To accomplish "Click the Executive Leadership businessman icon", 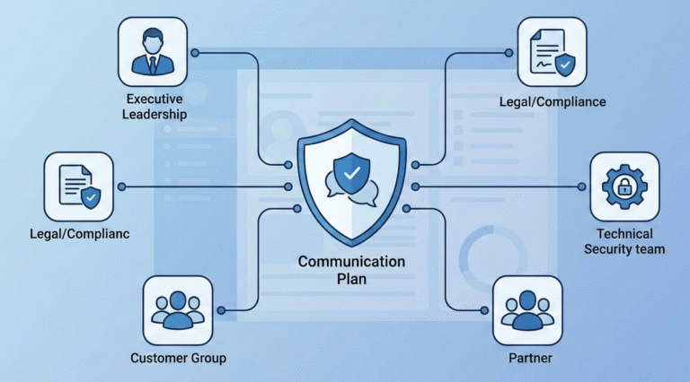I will coord(153,52).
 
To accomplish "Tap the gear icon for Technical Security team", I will coord(624,186).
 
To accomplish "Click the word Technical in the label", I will coord(624,233).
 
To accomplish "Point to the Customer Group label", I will coord(178,358).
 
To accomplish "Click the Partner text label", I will coord(527,358).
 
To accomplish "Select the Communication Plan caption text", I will coord(351,270).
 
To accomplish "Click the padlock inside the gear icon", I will coord(624,187).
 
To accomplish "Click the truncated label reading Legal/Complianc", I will coord(78,234).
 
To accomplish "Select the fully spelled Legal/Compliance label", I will coord(553,102).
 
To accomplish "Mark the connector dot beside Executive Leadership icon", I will coord(195,52).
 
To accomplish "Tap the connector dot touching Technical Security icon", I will coord(582,187).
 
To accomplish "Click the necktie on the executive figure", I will coord(153,63).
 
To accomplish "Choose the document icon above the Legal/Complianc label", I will coord(78,186).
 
